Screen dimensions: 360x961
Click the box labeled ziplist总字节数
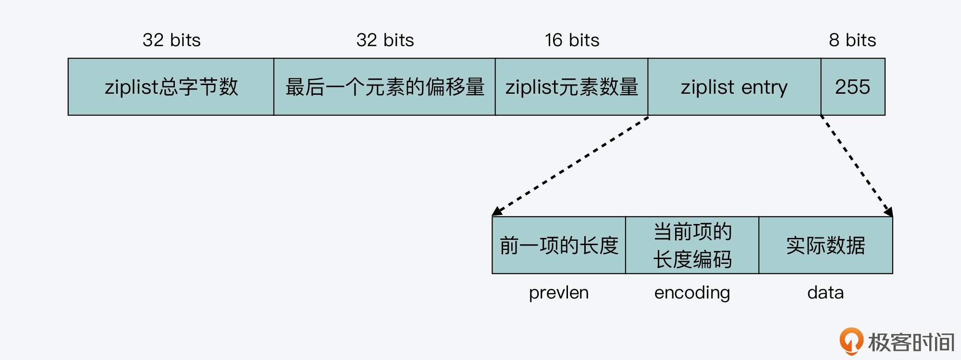tap(171, 87)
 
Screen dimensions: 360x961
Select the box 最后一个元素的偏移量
tap(384, 87)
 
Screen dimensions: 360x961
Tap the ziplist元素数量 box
tap(571, 87)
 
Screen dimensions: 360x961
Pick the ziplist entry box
tap(734, 87)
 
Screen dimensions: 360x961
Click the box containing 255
tap(852, 87)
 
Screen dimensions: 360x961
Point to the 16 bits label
tap(572, 40)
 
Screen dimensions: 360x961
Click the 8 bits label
tap(852, 40)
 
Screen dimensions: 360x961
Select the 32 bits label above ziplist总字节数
tap(172, 40)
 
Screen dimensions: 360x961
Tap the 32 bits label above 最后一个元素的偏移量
tap(385, 40)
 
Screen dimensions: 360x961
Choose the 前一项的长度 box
tap(559, 245)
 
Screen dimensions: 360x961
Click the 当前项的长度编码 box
tap(692, 245)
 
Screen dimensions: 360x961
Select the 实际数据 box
tap(825, 245)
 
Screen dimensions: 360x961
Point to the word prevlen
tap(559, 292)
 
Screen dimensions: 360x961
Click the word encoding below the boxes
tap(692, 292)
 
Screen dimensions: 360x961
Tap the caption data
tap(825, 292)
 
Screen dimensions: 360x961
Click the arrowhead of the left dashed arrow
tap(497, 211)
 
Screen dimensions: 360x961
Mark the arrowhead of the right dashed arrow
tap(889, 211)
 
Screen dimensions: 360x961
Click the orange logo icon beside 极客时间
tap(851, 341)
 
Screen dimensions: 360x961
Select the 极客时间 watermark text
tap(911, 342)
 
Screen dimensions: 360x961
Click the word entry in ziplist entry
tap(764, 87)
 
